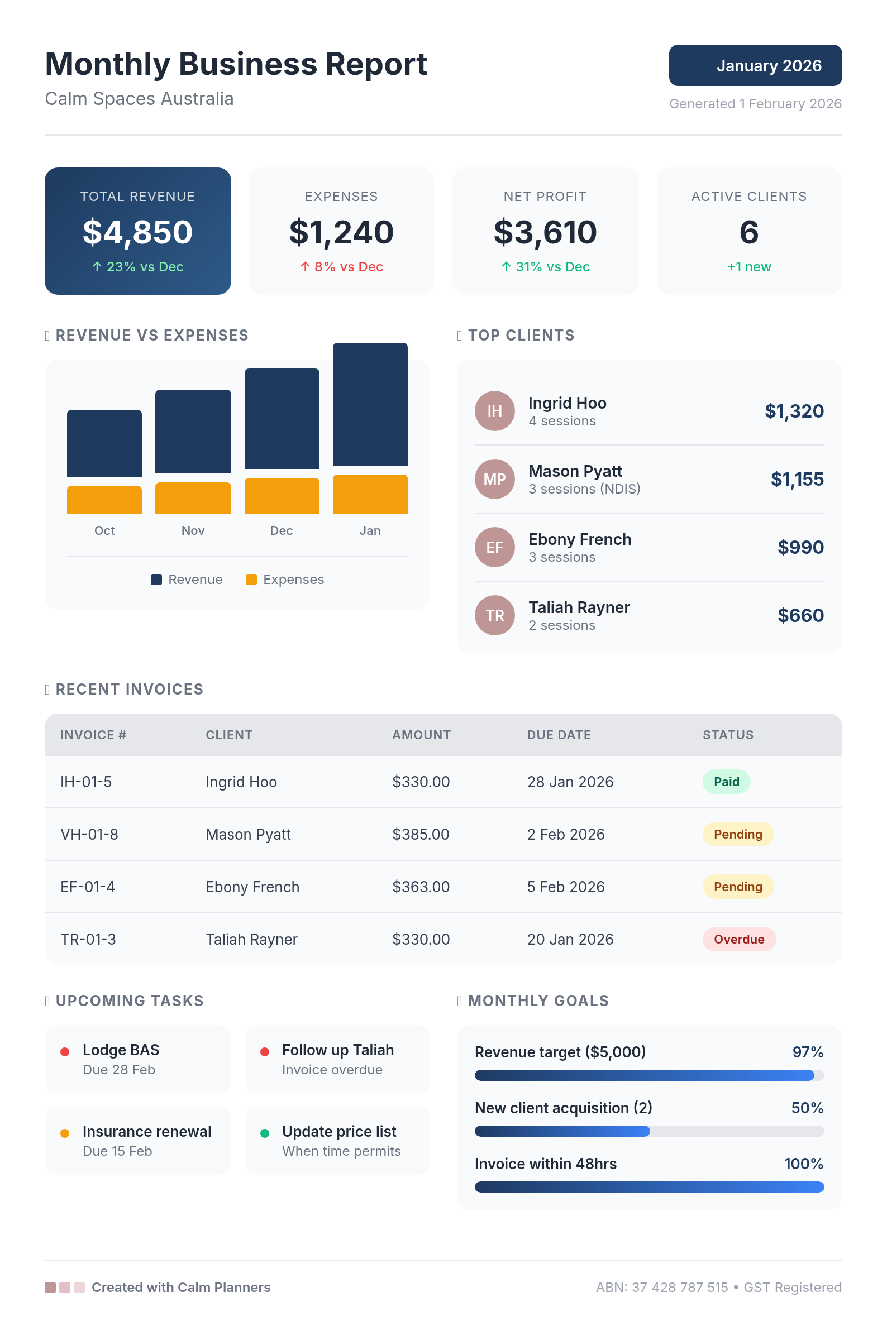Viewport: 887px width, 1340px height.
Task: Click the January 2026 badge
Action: [755, 65]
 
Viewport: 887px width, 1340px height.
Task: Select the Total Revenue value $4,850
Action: [137, 232]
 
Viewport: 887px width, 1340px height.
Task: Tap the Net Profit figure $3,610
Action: [545, 232]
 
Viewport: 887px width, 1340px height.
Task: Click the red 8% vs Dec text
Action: [342, 267]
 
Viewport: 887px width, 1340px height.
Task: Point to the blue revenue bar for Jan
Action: [370, 404]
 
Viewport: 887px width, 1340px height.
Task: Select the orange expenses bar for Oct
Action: [104, 500]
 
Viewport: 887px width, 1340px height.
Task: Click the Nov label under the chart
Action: [193, 530]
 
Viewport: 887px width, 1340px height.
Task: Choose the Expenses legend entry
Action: [285, 580]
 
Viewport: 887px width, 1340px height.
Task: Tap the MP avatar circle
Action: [494, 479]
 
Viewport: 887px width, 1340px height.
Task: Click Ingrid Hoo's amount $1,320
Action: [794, 411]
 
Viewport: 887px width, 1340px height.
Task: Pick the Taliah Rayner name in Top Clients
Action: [579, 607]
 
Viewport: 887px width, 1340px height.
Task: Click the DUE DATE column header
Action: [559, 735]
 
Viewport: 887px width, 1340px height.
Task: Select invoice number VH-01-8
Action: [89, 835]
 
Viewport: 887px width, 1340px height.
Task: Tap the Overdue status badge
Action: [739, 939]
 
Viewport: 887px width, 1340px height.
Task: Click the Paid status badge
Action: [726, 782]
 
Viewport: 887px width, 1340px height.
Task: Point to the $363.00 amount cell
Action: [421, 887]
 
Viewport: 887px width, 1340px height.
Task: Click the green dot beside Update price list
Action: [264, 1133]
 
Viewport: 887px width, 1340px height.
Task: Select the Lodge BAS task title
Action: [121, 1050]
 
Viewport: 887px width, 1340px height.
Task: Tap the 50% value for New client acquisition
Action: [807, 1108]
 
